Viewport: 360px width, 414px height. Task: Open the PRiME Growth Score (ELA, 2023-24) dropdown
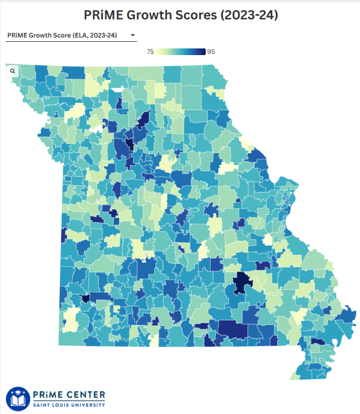(x=70, y=36)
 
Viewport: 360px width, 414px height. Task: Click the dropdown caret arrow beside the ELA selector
(x=132, y=36)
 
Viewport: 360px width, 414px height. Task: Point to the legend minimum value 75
(x=150, y=52)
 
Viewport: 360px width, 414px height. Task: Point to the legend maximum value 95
(x=211, y=52)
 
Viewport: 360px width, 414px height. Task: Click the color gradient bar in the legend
(x=180, y=52)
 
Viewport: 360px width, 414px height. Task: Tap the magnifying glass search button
(x=12, y=71)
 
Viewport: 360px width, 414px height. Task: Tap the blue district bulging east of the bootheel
(x=348, y=315)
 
